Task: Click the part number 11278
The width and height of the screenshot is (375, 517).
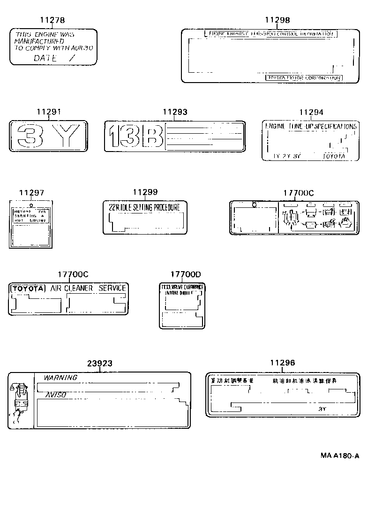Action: (52, 20)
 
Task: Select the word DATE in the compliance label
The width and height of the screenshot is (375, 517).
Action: (45, 58)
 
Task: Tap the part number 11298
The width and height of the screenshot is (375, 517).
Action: (277, 20)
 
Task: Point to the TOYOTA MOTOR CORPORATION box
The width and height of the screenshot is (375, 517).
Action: (304, 78)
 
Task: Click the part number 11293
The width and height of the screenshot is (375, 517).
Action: (175, 112)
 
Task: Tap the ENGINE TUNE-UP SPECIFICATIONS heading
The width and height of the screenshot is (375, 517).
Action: (311, 127)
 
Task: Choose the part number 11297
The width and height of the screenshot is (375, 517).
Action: (31, 193)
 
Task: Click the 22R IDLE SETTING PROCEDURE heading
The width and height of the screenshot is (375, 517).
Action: (144, 207)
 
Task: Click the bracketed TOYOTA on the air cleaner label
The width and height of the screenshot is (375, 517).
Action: (28, 288)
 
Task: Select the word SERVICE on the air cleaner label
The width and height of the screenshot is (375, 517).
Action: (112, 288)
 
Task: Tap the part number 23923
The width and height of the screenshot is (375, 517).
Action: (100, 364)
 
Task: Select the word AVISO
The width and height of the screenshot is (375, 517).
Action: (55, 395)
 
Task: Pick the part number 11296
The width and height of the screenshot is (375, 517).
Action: (283, 363)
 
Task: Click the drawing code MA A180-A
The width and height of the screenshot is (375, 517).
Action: (340, 456)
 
